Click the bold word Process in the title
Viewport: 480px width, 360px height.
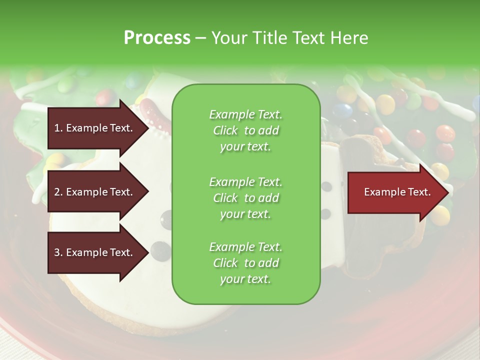(x=157, y=37)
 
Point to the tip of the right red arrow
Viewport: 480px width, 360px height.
(x=448, y=192)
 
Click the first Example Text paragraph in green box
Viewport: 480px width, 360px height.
(x=245, y=130)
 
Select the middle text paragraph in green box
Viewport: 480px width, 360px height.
(x=245, y=198)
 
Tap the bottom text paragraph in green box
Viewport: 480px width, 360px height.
(x=245, y=263)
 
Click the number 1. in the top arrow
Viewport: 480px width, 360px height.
(x=58, y=128)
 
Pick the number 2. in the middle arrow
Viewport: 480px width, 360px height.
(x=58, y=192)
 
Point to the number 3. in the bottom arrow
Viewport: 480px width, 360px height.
(x=58, y=252)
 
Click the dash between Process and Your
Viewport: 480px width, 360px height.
(x=201, y=38)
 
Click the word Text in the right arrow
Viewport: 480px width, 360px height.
(x=418, y=192)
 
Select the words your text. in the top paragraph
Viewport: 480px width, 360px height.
(x=245, y=147)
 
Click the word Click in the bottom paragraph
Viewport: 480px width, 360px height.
(x=225, y=263)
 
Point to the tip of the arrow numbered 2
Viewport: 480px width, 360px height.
(x=148, y=192)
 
